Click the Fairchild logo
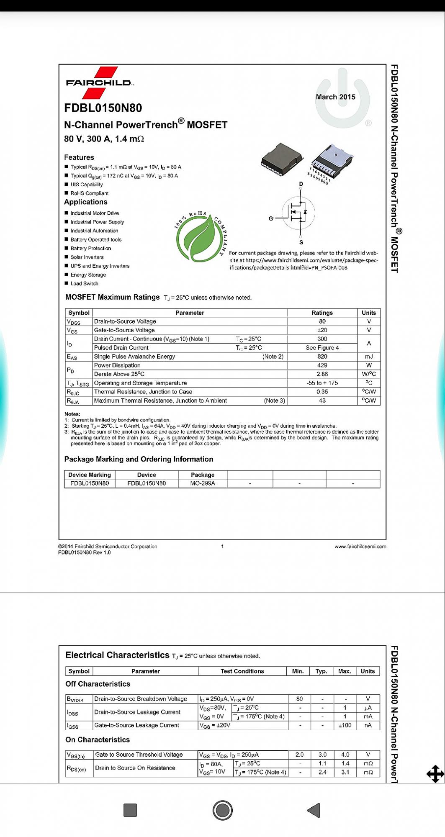pyautogui.click(x=99, y=82)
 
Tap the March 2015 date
pyautogui.click(x=335, y=97)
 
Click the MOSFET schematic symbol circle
pyautogui.click(x=298, y=213)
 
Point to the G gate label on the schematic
pyautogui.click(x=271, y=218)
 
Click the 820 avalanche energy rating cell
pyautogui.click(x=322, y=357)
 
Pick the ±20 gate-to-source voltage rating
pyautogui.click(x=322, y=330)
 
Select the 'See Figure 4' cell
pyautogui.click(x=322, y=348)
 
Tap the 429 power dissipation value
pyautogui.click(x=322, y=365)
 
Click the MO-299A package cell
pyautogui.click(x=203, y=483)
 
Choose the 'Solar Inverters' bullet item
pyautogui.click(x=87, y=257)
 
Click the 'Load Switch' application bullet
pyautogui.click(x=84, y=284)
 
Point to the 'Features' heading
pyautogui.click(x=79, y=157)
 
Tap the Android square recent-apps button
pyautogui.click(x=130, y=810)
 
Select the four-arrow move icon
pyautogui.click(x=435, y=774)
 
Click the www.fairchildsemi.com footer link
pyautogui.click(x=360, y=547)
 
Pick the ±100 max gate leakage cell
pyautogui.click(x=345, y=725)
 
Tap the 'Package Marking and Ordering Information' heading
pyautogui.click(x=139, y=459)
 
